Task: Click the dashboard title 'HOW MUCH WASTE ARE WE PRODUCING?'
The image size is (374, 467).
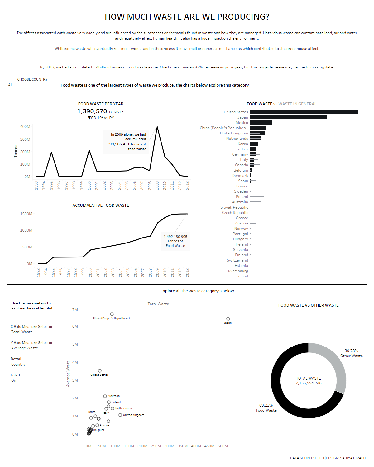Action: (187, 17)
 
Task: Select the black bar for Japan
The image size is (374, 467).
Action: (288, 117)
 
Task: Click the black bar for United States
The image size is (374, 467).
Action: (304, 112)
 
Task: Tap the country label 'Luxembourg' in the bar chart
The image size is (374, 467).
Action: (237, 271)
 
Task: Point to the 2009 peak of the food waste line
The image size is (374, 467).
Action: (157, 127)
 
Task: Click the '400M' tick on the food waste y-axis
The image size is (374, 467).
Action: (25, 127)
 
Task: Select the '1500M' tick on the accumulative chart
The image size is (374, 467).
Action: (26, 214)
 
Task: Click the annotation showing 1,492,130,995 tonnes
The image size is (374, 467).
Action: (175, 241)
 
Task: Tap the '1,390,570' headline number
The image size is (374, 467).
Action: (92, 111)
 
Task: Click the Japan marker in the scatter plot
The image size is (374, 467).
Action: (228, 319)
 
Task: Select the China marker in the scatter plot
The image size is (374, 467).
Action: (112, 314)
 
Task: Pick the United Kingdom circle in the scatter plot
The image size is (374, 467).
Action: (120, 415)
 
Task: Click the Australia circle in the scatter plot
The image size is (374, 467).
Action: (105, 396)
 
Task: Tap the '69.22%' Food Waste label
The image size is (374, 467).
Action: (266, 405)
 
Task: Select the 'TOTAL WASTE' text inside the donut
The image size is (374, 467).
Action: (309, 378)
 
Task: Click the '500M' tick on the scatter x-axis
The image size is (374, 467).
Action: (223, 446)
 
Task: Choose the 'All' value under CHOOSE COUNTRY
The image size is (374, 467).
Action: (11, 85)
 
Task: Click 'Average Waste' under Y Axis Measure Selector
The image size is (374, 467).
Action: (25, 348)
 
